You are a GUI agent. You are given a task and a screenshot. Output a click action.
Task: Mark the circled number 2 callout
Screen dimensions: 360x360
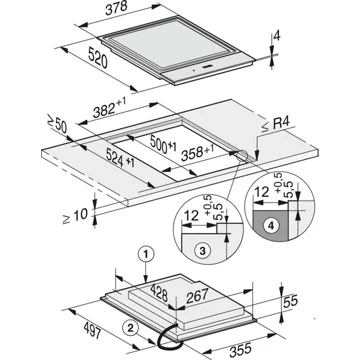point(130,325)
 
